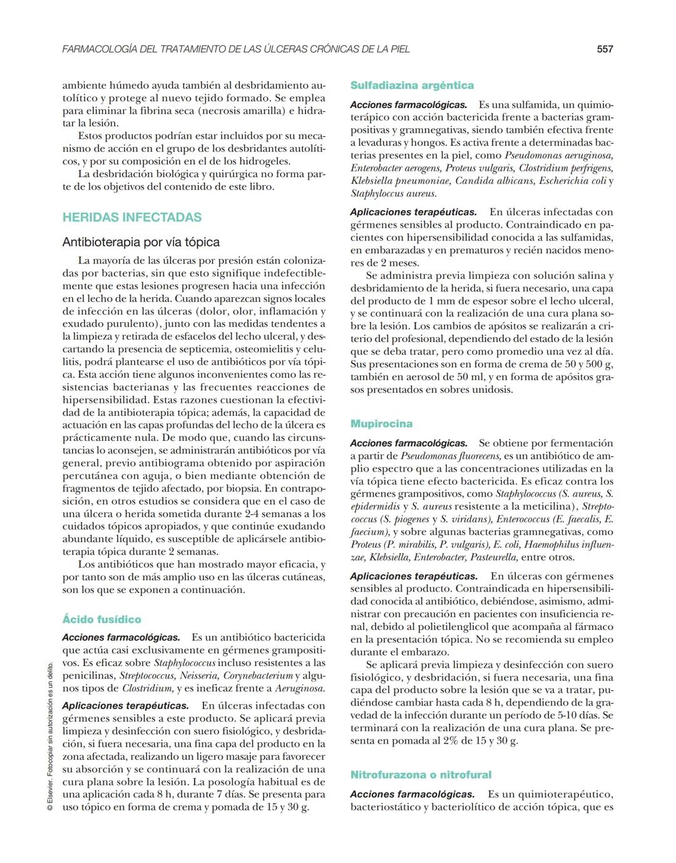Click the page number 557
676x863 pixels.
pos(605,49)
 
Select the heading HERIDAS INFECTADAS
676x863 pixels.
pos(132,218)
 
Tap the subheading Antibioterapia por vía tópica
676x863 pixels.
pos(141,242)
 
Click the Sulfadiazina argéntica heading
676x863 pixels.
pos(412,86)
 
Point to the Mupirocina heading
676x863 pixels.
pos(381,424)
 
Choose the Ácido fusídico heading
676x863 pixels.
pos(101,620)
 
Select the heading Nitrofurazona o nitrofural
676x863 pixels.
pos(421,775)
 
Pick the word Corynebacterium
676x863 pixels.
pos(258,676)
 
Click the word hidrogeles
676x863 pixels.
pos(262,161)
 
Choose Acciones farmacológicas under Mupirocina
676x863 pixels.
pos(408,443)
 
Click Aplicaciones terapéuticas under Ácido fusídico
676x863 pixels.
pos(125,706)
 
